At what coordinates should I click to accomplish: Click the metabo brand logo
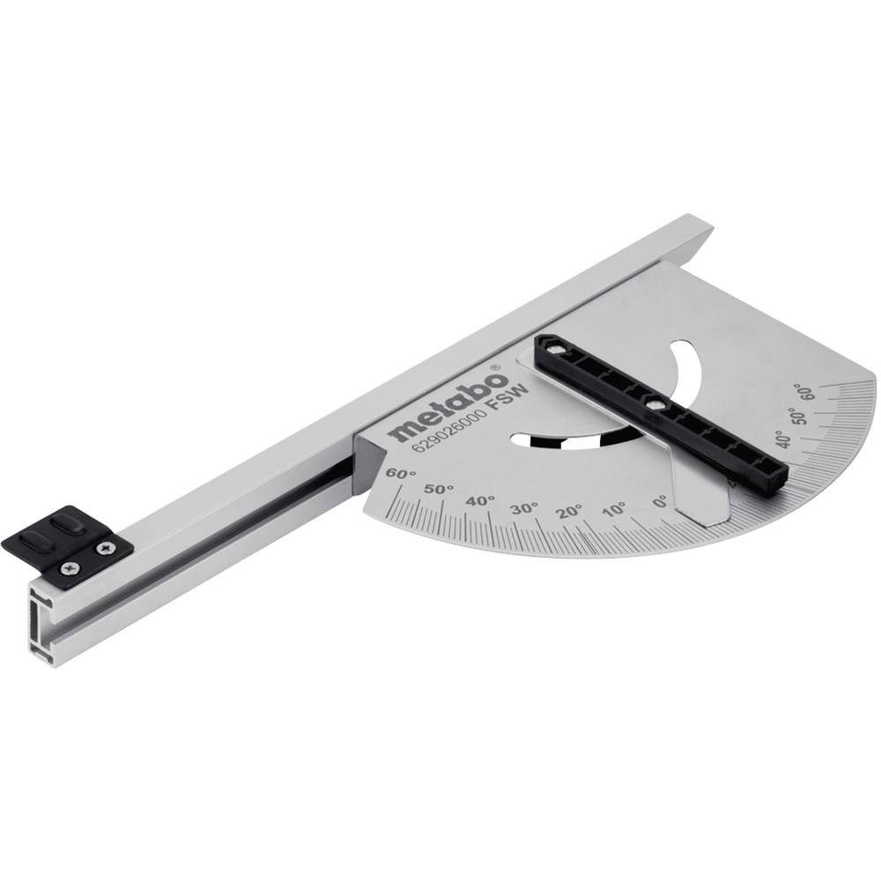pyautogui.click(x=447, y=408)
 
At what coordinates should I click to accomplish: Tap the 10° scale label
pyautogui.click(x=614, y=509)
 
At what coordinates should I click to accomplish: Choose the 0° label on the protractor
pyautogui.click(x=658, y=502)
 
